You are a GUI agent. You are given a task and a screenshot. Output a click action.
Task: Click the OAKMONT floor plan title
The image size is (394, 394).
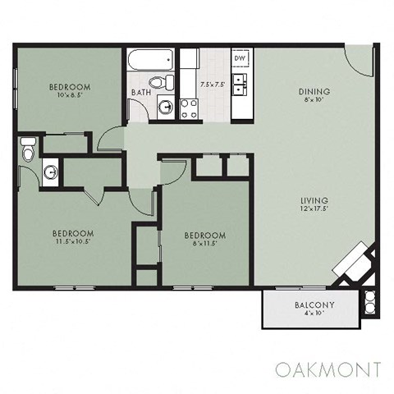pyautogui.click(x=328, y=367)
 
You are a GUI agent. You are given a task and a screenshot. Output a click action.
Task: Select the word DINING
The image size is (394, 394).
pyautogui.click(x=314, y=91)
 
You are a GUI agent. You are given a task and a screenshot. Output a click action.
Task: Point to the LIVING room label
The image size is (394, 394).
pyautogui.click(x=314, y=200)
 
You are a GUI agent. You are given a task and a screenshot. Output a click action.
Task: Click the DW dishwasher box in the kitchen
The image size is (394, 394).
pyautogui.click(x=241, y=59)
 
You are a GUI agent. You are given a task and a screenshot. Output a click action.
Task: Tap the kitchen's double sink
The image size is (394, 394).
pyautogui.click(x=241, y=82)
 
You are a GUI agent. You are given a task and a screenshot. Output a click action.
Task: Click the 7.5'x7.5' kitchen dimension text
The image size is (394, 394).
pyautogui.click(x=212, y=83)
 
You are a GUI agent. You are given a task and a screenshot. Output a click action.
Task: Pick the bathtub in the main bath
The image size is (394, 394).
pyautogui.click(x=150, y=60)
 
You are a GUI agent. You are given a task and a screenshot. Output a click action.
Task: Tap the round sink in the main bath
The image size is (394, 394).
pyautogui.click(x=166, y=107)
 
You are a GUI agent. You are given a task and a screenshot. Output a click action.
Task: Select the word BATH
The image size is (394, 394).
pyautogui.click(x=140, y=92)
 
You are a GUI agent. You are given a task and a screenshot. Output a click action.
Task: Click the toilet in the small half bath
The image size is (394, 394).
pyautogui.click(x=27, y=151)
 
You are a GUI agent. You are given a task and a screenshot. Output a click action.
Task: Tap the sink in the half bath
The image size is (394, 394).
pyautogui.click(x=51, y=172)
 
